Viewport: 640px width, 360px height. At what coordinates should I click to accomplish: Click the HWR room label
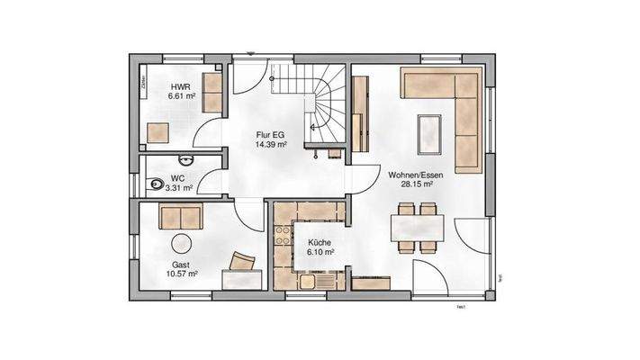(x=180, y=86)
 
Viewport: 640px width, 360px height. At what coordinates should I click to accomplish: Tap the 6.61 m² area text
(x=183, y=96)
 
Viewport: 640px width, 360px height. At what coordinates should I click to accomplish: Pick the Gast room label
(x=182, y=265)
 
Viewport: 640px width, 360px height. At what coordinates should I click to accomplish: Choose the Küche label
(x=320, y=243)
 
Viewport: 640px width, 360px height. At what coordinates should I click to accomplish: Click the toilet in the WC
(x=155, y=184)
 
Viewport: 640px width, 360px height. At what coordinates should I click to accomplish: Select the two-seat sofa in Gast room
(x=181, y=216)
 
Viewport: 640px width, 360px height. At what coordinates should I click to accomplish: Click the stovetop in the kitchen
(x=283, y=239)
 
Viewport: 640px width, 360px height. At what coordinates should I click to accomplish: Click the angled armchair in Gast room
(x=243, y=262)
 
